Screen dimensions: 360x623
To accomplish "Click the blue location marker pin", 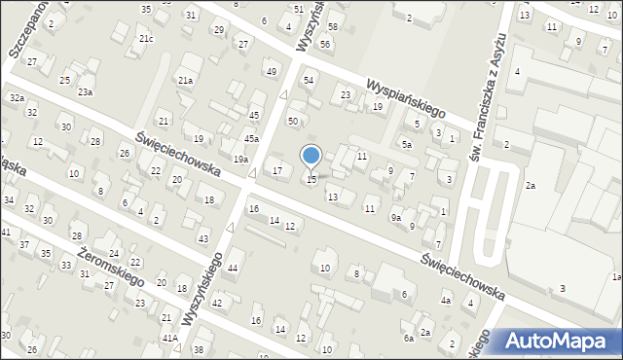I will tap(311, 157).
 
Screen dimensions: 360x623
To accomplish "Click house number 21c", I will tap(145, 39).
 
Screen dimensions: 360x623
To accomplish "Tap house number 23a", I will tap(86, 91).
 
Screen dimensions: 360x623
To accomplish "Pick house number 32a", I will tap(17, 98).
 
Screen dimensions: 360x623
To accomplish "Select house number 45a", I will tap(251, 139).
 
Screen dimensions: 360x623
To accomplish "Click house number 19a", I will tap(240, 159).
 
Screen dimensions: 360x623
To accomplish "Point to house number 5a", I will tap(406, 144).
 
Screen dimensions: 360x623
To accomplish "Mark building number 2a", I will tap(531, 185).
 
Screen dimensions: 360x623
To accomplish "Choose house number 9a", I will tap(396, 218).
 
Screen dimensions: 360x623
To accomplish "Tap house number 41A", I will tap(170, 338).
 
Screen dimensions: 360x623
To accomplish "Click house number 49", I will tap(272, 72).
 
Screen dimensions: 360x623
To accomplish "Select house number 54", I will tap(309, 80).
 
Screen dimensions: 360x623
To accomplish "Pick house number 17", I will tap(277, 171).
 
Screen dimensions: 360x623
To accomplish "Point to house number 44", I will tap(232, 267).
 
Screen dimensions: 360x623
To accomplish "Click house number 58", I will tap(333, 26).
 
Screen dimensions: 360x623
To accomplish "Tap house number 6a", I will tap(410, 338).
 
